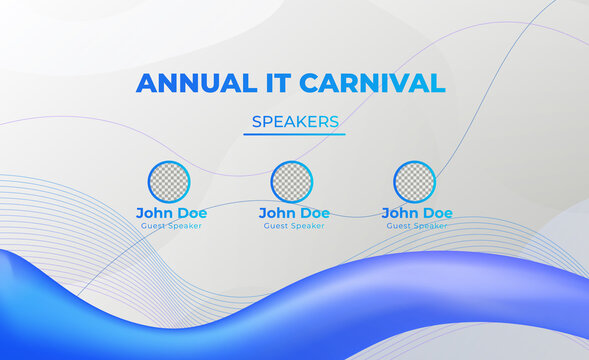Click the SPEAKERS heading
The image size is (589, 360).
coord(294,122)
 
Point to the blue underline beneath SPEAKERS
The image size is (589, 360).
coord(294,134)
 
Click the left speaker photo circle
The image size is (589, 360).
coord(169,181)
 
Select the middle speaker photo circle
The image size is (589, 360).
coord(292,181)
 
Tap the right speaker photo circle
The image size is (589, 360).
coord(414,181)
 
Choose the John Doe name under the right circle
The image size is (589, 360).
coord(417,213)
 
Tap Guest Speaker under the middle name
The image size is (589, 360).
coord(294,226)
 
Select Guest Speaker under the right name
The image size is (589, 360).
coord(417,226)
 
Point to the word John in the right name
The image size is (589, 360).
coord(398,213)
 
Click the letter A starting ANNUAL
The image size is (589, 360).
coord(147,83)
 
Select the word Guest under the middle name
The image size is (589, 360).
coord(277,226)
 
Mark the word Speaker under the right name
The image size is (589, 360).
coord(430,226)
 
